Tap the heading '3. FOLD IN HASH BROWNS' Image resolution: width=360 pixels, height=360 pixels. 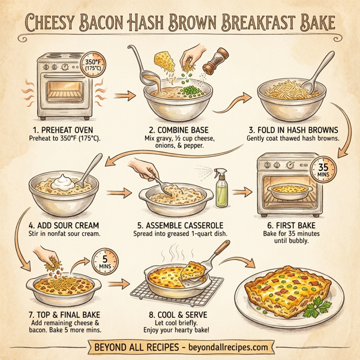(x=293, y=128)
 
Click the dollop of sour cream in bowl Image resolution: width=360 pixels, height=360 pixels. (x=62, y=181)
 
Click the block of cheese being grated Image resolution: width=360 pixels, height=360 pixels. (x=161, y=61)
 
